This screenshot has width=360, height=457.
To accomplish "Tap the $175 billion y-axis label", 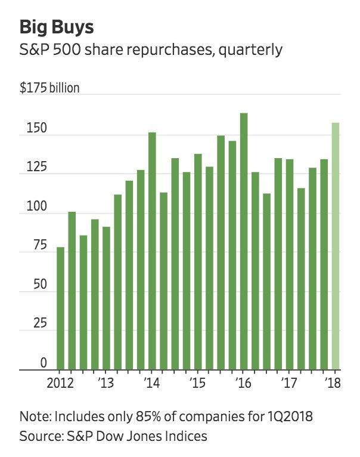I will coord(49,88).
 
